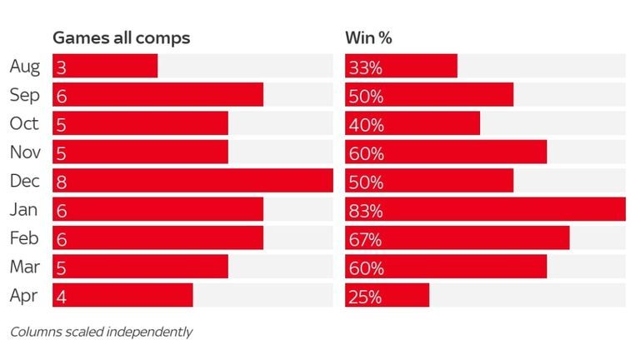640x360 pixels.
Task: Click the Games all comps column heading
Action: pos(122,38)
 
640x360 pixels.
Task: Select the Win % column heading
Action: pos(369,38)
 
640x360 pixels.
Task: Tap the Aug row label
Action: pos(24,67)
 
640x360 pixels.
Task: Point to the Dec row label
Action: pos(24,181)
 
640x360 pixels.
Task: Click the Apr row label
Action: pos(24,295)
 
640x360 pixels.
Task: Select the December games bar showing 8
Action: pos(192,181)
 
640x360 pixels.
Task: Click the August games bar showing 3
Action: pos(105,67)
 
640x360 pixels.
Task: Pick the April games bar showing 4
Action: pos(122,295)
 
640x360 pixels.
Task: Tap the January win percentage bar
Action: pos(485,209)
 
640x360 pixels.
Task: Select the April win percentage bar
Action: pos(387,295)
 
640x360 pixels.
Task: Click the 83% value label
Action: pos(367,210)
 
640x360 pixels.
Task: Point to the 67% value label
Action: pos(367,239)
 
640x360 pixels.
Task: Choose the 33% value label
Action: pos(367,67)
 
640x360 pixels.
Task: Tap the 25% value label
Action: pos(367,296)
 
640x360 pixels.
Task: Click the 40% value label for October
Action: pos(367,125)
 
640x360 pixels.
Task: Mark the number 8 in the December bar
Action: pos(62,182)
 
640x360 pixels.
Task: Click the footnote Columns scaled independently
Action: pos(101,332)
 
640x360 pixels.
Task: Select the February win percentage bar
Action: pos(457,238)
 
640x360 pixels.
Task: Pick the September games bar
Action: pos(157,95)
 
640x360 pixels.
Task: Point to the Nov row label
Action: pos(24,152)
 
